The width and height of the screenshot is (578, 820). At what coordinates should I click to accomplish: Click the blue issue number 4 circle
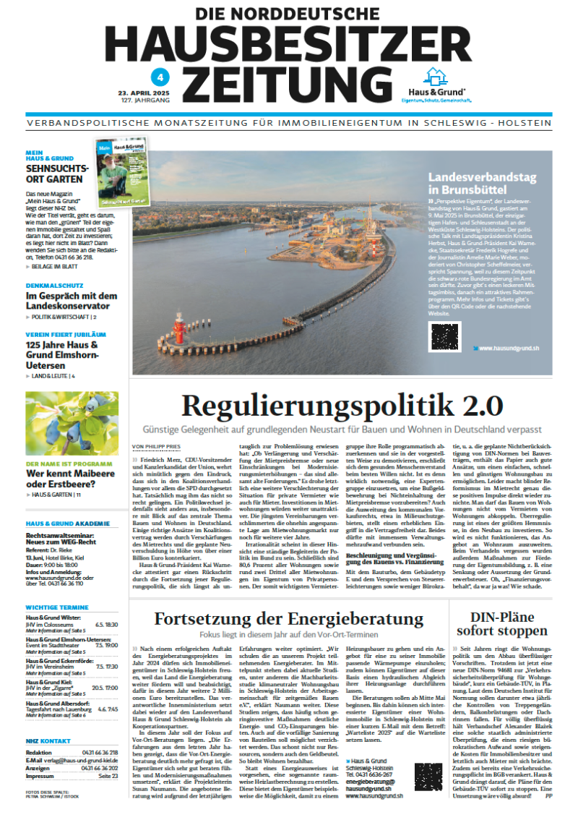coord(153,77)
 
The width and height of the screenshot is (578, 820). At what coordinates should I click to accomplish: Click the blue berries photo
coord(72,423)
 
